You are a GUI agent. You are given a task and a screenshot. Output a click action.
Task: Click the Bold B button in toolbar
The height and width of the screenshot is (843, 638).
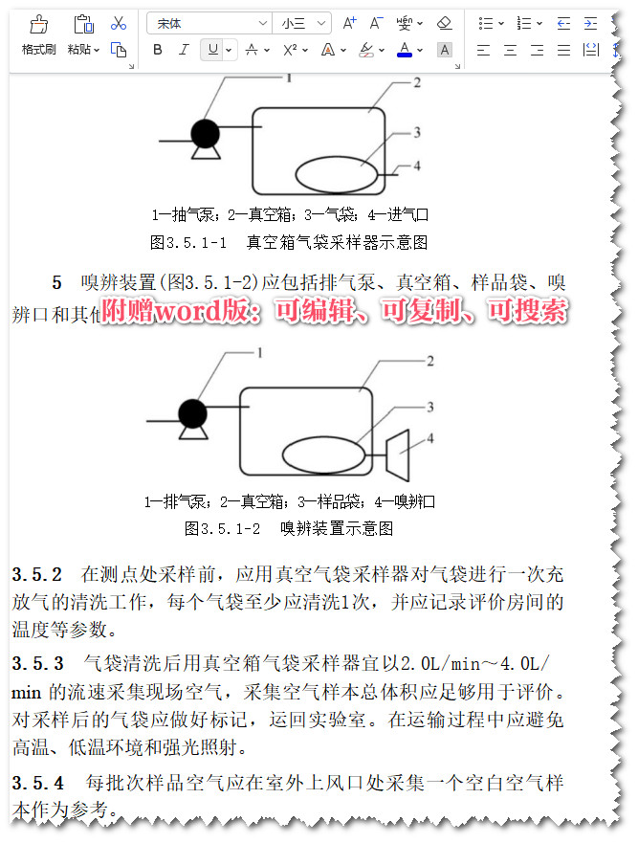[158, 50]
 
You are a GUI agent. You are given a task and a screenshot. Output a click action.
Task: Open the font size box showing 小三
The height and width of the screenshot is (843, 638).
[302, 23]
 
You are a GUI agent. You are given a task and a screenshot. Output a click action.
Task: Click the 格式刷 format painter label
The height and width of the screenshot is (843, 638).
[38, 50]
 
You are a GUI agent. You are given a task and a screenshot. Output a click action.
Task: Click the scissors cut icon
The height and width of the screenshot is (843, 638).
[119, 23]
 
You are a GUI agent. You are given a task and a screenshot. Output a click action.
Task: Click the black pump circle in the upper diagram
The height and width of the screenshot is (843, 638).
[204, 131]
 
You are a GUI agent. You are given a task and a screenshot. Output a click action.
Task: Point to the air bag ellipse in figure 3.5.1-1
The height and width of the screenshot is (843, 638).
[336, 174]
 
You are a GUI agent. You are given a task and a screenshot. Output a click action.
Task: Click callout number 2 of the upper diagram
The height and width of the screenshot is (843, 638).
[417, 83]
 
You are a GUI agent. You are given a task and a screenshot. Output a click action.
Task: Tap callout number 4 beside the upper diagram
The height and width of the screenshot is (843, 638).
[416, 166]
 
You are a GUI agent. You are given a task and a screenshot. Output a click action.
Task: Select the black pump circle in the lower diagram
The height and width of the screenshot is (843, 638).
[192, 414]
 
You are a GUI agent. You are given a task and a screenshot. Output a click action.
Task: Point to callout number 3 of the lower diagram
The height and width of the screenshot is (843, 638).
[430, 407]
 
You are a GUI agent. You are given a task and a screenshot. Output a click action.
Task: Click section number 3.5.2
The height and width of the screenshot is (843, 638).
[37, 575]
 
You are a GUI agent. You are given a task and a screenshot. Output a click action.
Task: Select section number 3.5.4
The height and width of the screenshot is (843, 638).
[37, 784]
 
